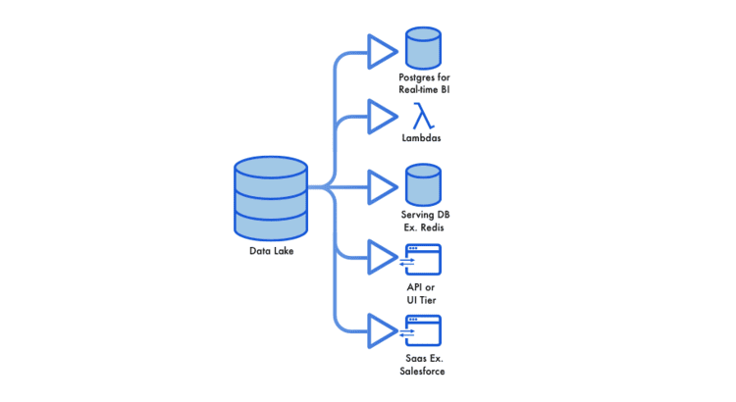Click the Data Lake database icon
point(271,199)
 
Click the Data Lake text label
point(271,251)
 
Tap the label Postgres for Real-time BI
point(424,83)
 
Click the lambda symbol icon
point(422,116)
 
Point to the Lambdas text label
point(422,138)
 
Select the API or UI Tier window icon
point(422,259)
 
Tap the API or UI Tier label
point(422,292)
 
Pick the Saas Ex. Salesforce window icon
point(422,330)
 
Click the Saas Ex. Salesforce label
point(422,365)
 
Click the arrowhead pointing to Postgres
point(381,51)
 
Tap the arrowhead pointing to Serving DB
point(381,187)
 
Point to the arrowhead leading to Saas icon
point(381,330)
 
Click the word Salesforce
point(422,372)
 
